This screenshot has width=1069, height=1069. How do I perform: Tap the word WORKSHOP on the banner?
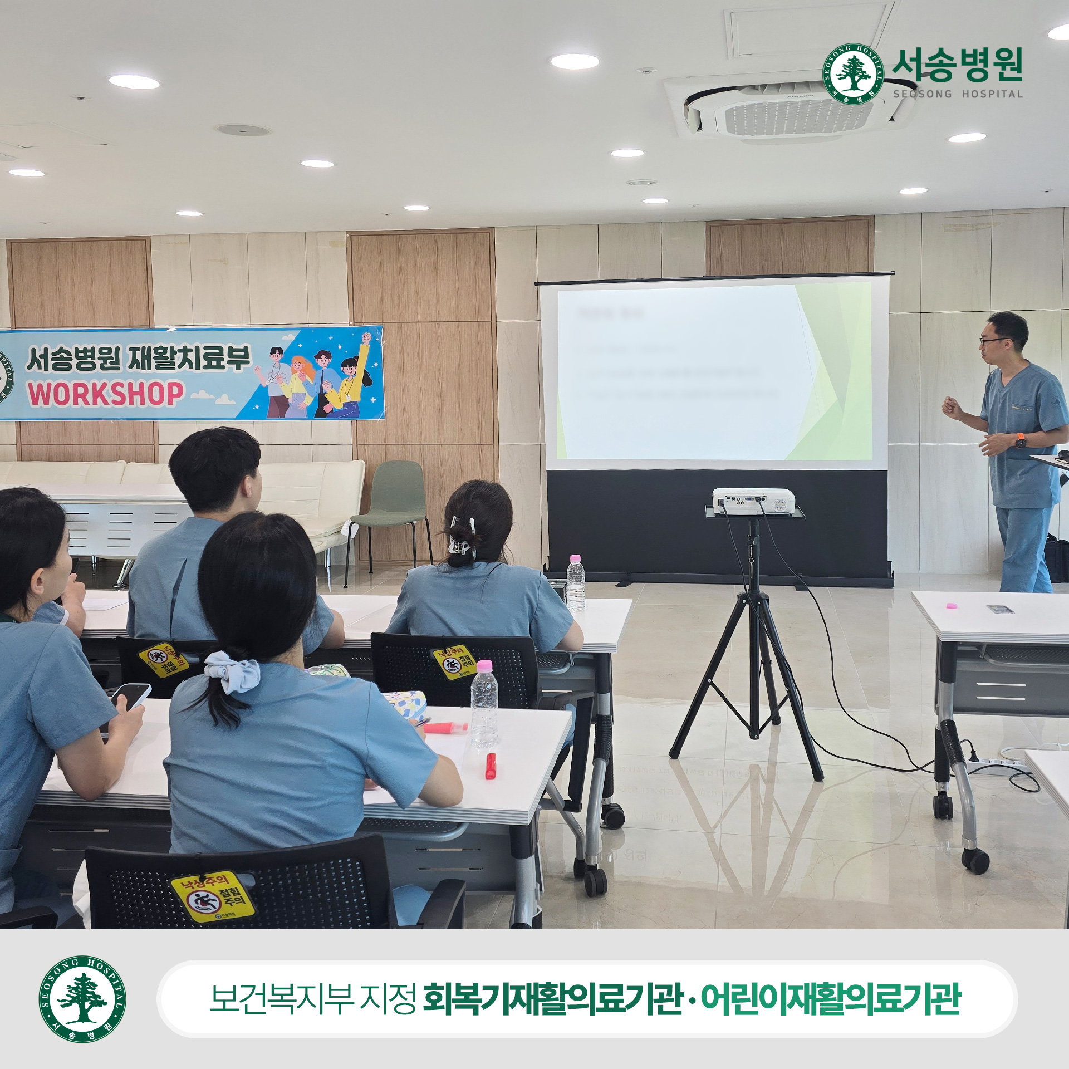click(x=106, y=394)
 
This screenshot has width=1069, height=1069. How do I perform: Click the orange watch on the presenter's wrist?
click(x=1020, y=441)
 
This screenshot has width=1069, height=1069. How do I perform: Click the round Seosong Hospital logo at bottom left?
click(x=82, y=999)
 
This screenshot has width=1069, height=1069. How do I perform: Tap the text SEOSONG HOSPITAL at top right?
click(x=958, y=94)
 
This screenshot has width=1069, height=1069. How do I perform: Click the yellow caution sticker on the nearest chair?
click(x=212, y=896)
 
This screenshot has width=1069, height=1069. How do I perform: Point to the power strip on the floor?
click(x=997, y=766)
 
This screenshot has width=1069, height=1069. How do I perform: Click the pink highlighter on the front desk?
click(x=445, y=727)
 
